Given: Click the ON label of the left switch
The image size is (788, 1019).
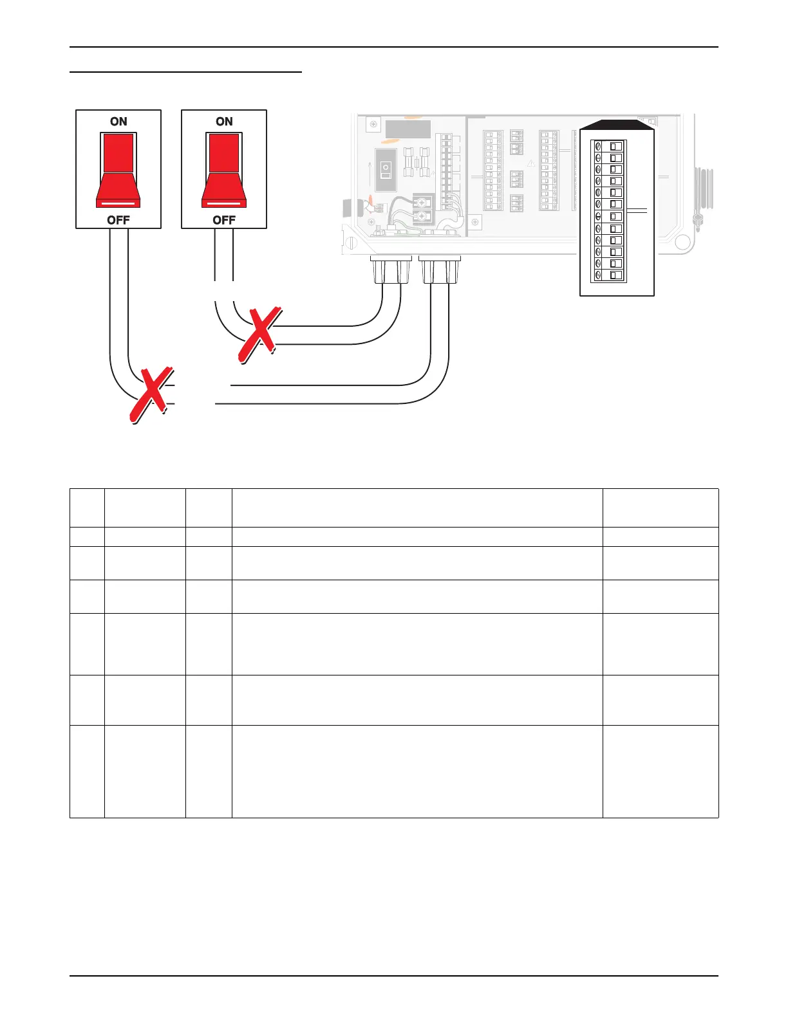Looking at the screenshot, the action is (x=118, y=122).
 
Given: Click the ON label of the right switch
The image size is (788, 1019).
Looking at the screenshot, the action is (x=224, y=122).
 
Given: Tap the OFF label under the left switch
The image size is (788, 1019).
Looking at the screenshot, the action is (x=118, y=220).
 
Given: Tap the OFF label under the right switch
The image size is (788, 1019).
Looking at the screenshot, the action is (x=224, y=220).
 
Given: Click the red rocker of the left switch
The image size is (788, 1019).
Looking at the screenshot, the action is (x=118, y=170).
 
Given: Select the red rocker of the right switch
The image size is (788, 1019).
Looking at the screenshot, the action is (x=224, y=170).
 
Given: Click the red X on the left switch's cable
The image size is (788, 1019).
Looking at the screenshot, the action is (x=151, y=395).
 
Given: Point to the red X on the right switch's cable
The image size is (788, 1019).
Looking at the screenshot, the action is (x=259, y=335).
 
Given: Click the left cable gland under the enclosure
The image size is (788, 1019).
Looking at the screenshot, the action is (x=391, y=270).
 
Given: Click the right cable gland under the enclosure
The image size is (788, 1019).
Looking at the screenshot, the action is (x=440, y=270).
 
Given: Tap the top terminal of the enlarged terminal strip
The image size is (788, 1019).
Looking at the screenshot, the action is (x=608, y=146).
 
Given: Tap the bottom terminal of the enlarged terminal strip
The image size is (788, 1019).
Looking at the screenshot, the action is (x=608, y=275).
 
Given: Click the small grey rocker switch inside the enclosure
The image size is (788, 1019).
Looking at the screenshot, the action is (x=386, y=170).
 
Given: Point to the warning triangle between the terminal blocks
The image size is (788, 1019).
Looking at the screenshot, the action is (x=531, y=163).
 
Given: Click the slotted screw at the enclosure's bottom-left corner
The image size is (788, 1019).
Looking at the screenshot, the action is (x=352, y=243).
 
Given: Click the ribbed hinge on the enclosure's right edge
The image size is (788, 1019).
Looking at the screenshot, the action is (x=704, y=188).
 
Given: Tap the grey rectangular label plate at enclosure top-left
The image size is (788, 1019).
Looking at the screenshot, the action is (x=408, y=130).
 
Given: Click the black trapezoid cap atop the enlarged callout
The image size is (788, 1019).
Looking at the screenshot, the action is (x=617, y=124).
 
